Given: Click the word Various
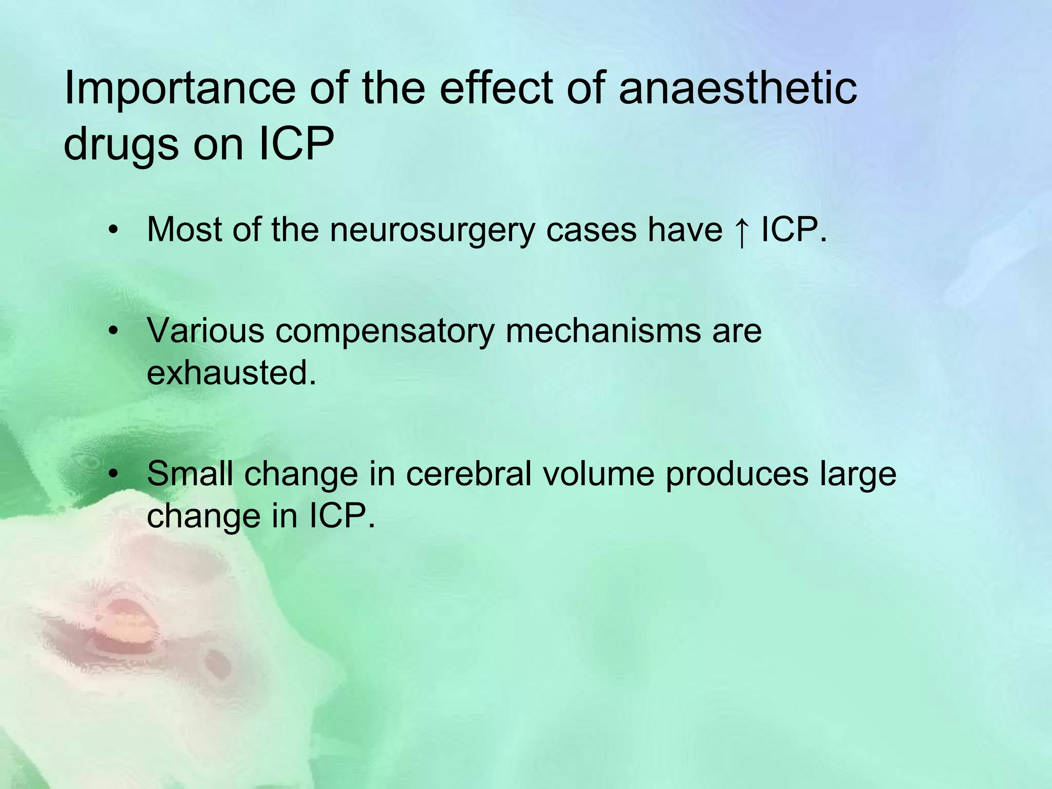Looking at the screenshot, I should [205, 331].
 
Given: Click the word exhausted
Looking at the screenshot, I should [231, 373].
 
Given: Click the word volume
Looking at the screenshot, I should [598, 474].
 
